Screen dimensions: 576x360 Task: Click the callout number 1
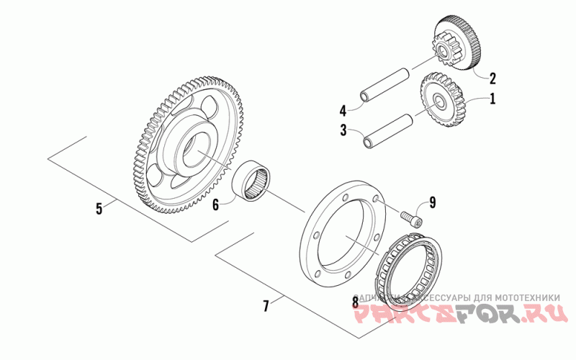(493, 99)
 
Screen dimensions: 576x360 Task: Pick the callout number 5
(99, 209)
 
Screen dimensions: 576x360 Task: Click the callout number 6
(215, 204)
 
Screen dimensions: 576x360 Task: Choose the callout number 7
(266, 306)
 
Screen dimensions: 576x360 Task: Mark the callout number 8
(355, 302)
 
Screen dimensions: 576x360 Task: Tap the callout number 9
(432, 202)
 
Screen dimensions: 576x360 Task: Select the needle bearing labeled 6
(255, 182)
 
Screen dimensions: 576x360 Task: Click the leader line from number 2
(481, 73)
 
